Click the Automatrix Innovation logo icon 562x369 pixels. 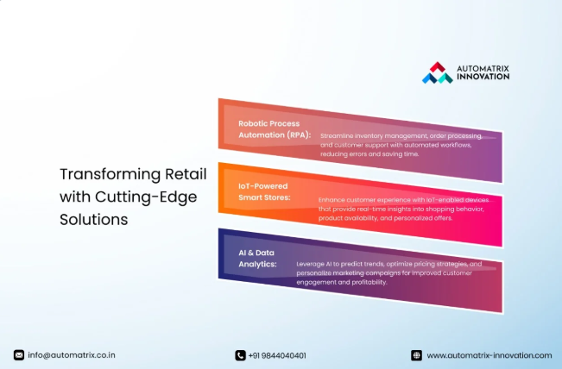437,72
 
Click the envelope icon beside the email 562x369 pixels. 19,355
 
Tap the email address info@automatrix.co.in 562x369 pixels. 72,355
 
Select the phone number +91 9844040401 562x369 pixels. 277,355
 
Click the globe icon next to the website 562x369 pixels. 416,355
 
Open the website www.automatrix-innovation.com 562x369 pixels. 489,355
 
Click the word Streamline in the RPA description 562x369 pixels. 337,136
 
